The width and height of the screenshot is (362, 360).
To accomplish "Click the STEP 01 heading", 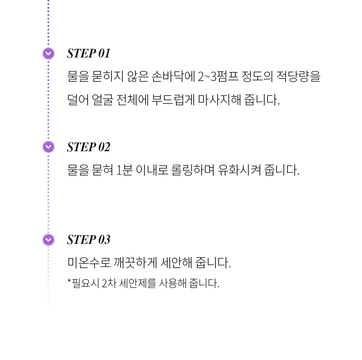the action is point(88,53).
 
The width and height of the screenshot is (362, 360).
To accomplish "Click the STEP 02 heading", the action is point(88,147).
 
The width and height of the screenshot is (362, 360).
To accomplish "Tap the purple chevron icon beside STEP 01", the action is point(49,54).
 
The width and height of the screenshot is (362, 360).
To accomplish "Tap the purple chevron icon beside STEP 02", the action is point(49,147).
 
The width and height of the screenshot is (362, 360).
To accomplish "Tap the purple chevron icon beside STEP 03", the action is point(49,240).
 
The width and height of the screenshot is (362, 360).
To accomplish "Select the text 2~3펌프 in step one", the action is point(218,76).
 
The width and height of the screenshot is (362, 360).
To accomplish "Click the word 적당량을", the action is point(298,76).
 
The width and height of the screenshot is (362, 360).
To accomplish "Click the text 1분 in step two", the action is point(125,170).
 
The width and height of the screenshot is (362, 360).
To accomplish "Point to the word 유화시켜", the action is point(239,170).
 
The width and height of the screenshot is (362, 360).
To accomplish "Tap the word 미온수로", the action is point(89,263).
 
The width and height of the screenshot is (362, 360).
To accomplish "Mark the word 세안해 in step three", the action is point(176,263).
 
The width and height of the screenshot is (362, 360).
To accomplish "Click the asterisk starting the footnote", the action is point(69,281).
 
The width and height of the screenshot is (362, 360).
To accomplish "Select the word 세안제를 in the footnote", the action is point(137,283).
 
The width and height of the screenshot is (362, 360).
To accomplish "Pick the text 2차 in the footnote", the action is point(109,283).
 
